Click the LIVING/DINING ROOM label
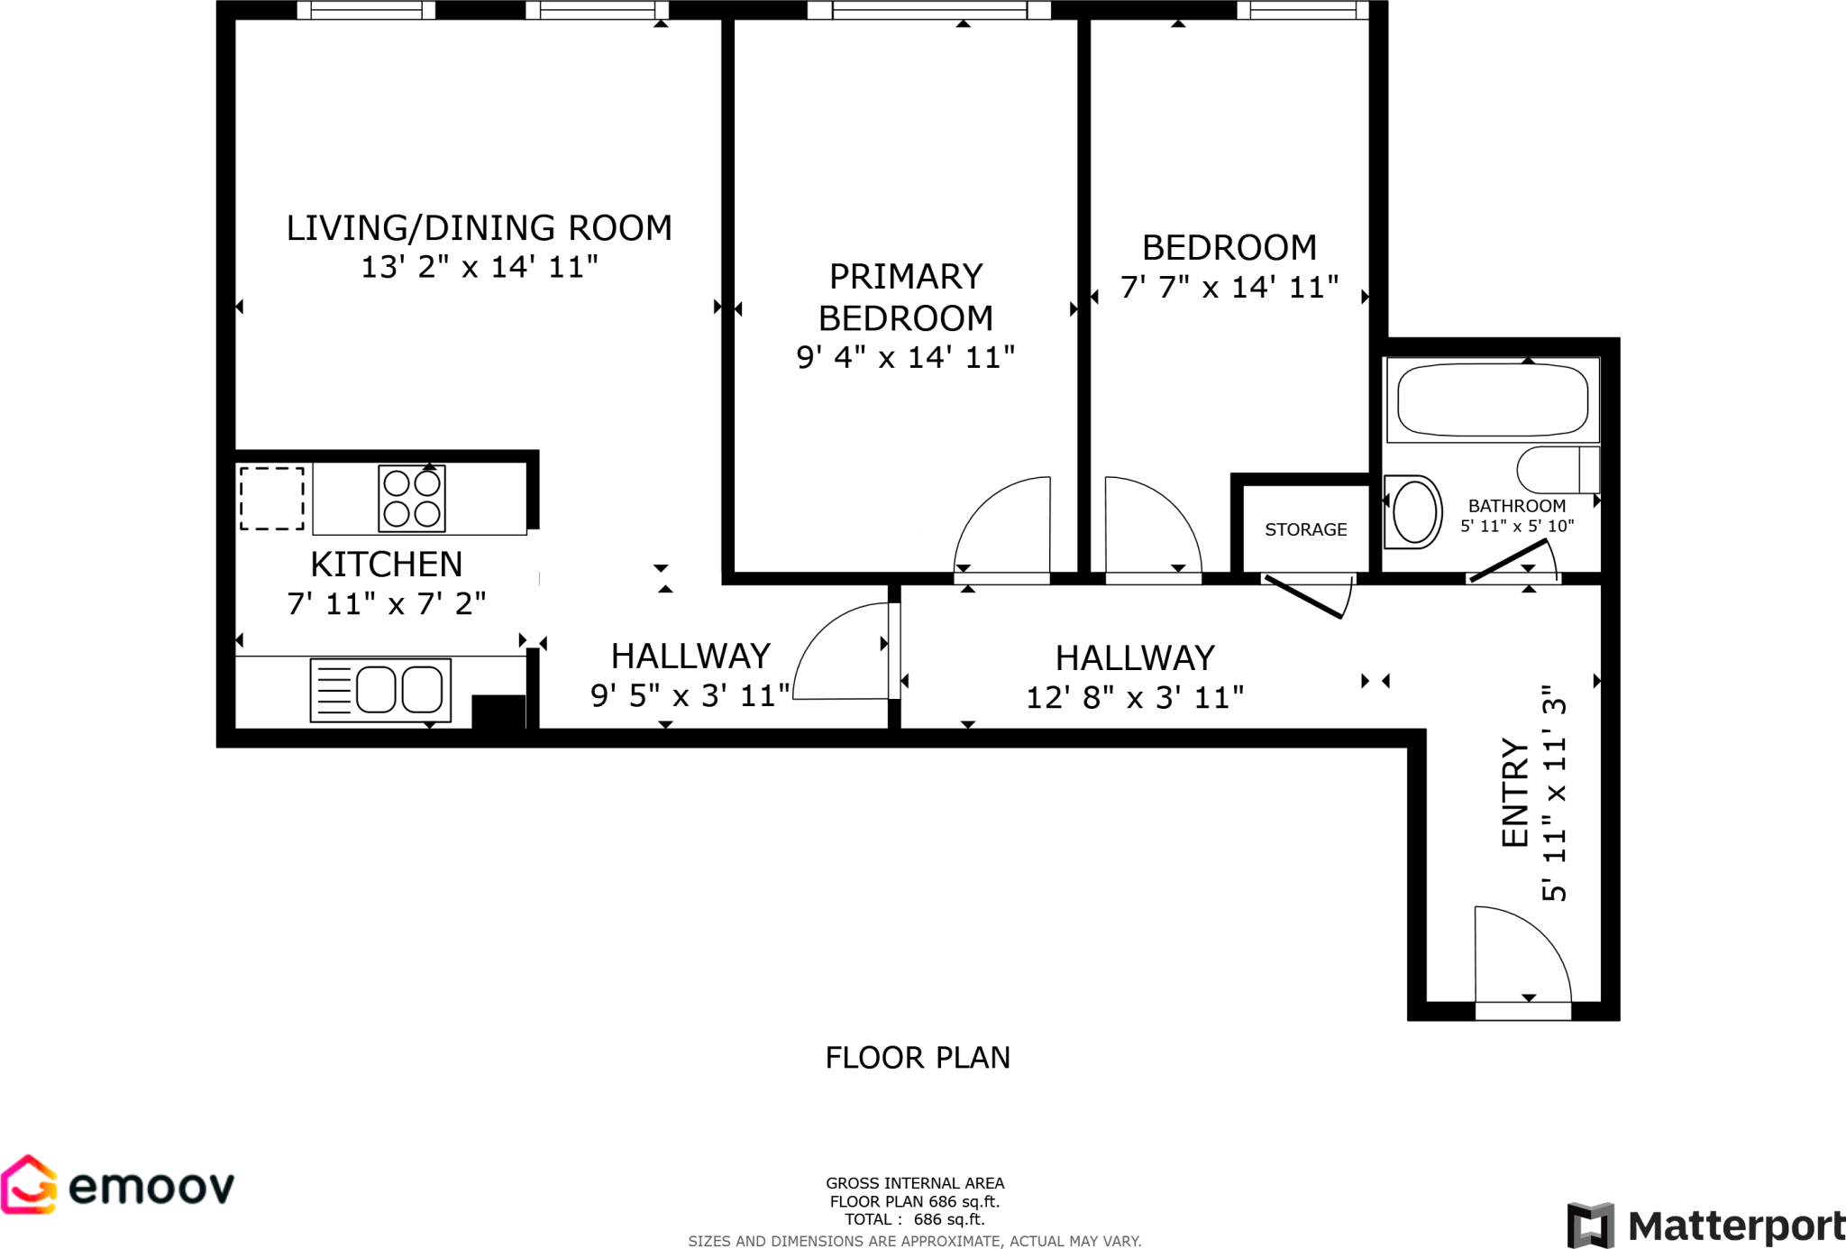479,228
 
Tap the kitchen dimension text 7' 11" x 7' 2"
386,603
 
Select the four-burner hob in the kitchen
412,499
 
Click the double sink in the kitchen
380,690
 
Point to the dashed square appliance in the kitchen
271,499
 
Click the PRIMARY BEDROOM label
905,298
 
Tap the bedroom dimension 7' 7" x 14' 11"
1229,288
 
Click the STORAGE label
1305,530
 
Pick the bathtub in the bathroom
1492,399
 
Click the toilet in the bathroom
1557,470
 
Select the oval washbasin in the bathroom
1414,512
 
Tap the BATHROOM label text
1516,506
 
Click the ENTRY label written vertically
1515,793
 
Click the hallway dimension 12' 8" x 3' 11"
1135,697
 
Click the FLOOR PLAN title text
918,1057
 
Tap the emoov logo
118,1185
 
